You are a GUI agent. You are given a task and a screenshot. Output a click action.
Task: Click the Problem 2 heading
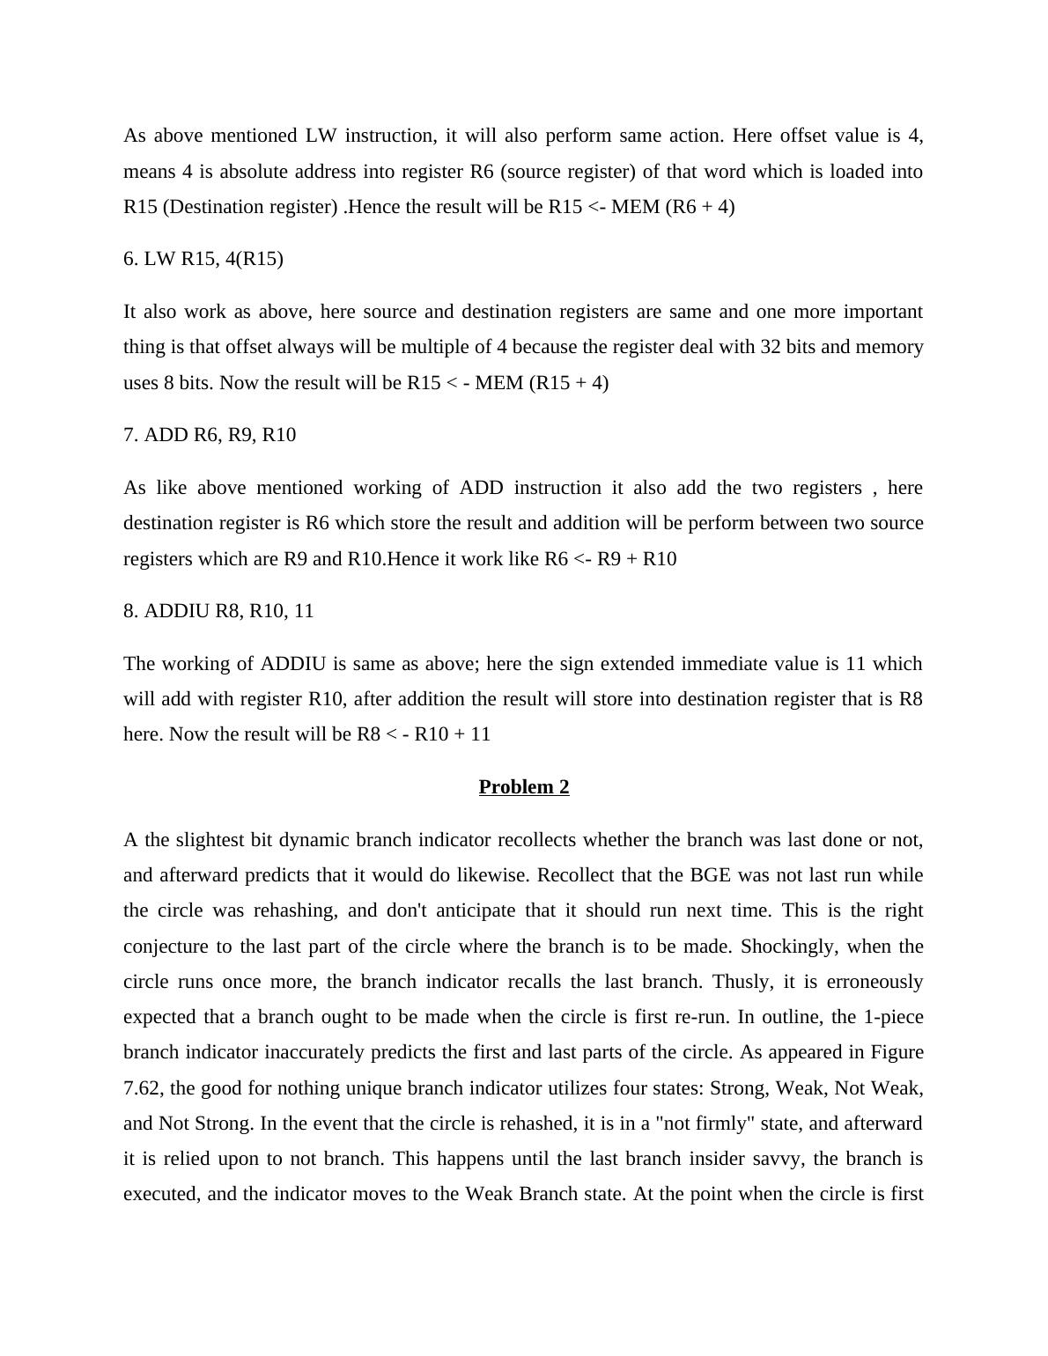[524, 787]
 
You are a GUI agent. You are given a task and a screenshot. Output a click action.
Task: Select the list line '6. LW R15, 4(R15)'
[203, 259]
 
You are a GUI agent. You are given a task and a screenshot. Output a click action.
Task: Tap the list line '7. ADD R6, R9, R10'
[210, 435]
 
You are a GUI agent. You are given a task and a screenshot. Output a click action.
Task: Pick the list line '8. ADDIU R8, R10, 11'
[218, 611]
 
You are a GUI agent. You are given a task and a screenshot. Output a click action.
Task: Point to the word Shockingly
[787, 947]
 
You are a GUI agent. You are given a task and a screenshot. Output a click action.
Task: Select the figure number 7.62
[142, 1088]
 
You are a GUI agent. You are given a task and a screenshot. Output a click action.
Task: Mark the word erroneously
[871, 982]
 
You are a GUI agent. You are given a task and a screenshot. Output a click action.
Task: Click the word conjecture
[167, 947]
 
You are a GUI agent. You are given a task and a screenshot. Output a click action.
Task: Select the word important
[883, 312]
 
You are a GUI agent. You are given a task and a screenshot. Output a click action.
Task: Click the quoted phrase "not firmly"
[720, 1124]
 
